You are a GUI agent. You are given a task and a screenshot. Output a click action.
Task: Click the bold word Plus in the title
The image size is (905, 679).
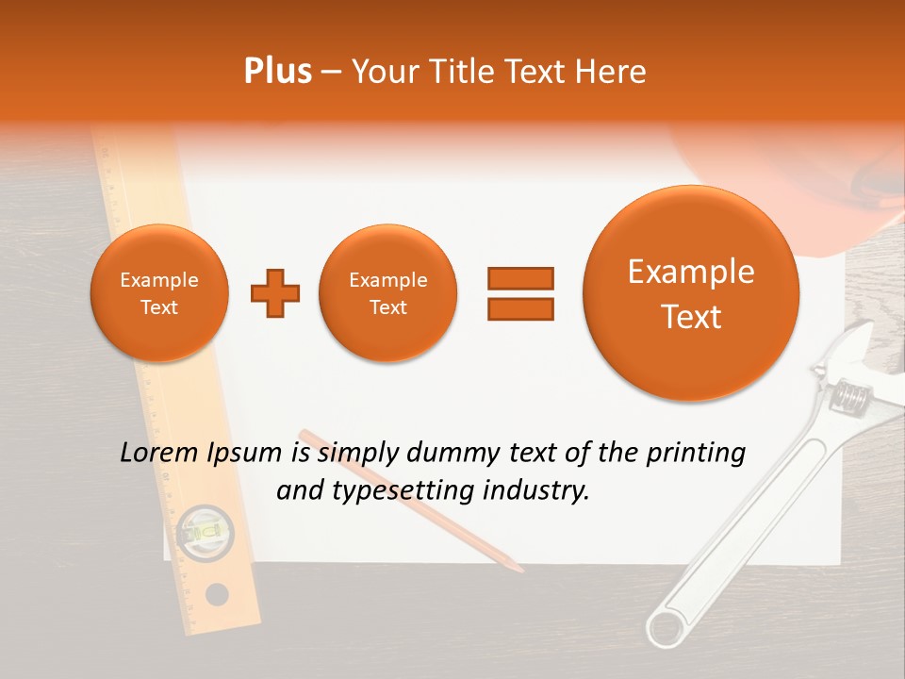click(277, 72)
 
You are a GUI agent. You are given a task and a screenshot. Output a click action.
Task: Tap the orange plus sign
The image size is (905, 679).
click(275, 293)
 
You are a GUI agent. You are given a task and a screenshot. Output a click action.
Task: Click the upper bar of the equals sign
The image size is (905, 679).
click(519, 278)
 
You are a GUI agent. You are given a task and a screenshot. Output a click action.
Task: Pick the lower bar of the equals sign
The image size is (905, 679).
click(519, 308)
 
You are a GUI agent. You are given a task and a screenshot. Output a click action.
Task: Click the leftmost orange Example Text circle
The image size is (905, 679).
click(159, 293)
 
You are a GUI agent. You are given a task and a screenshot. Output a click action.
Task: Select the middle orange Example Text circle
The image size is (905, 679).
click(387, 293)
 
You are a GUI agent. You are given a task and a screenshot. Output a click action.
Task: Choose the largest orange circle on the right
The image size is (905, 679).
click(691, 293)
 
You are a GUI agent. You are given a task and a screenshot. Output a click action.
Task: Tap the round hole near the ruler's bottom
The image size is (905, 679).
click(217, 594)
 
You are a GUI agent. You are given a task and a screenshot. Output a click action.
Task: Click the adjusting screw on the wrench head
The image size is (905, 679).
click(850, 395)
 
